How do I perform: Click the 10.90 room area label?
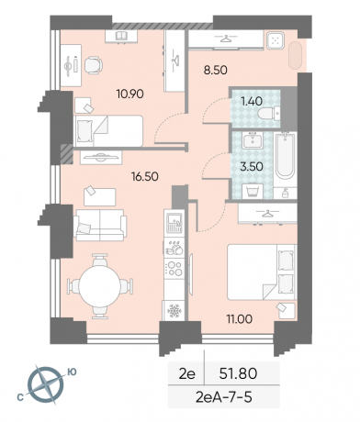pyautogui.click(x=129, y=94)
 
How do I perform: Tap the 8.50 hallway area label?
pyautogui.click(x=216, y=71)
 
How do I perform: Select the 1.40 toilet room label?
pyautogui.click(x=252, y=101)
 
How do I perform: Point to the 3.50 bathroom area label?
pyautogui.click(x=252, y=167)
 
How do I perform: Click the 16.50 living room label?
pyautogui.click(x=145, y=176)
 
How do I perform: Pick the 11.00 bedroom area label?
pyautogui.click(x=240, y=319)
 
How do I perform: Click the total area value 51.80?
pyautogui.click(x=238, y=373)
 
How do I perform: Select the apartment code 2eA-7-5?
pyautogui.click(x=224, y=397)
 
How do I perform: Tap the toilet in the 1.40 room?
pyautogui.click(x=268, y=114)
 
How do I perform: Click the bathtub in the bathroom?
pyautogui.click(x=285, y=155)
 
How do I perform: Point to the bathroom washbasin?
pyautogui.click(x=253, y=140)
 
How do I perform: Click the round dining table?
pyautogui.click(x=100, y=286)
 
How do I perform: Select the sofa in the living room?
pyautogui.click(x=100, y=225)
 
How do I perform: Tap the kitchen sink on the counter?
pyautogui.click(x=174, y=223)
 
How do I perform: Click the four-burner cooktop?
pyautogui.click(x=174, y=268)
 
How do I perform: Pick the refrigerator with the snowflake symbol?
pyautogui.click(x=174, y=311)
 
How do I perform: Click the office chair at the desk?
pyautogui.click(x=94, y=65)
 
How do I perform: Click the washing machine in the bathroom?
pyautogui.click(x=253, y=191)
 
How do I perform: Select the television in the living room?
pyautogui.click(x=101, y=158)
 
